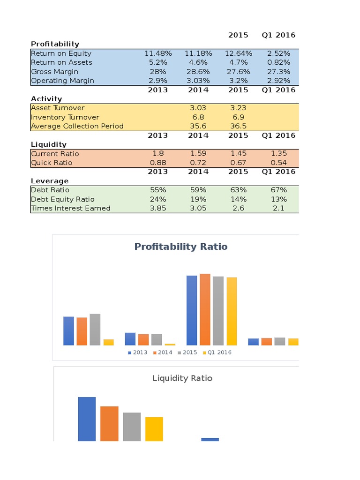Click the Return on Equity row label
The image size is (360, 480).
[61, 53]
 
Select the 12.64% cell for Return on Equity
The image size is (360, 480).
[238, 53]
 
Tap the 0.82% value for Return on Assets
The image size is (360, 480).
[278, 62]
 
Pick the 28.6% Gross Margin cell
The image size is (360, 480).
[198, 72]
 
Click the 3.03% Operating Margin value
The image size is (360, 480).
[198, 81]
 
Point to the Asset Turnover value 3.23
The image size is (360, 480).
[238, 108]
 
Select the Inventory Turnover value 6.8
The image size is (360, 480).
[198, 117]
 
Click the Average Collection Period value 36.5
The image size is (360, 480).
[238, 126]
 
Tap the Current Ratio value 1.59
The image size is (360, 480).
[198, 154]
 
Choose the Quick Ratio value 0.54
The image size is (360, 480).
[278, 163]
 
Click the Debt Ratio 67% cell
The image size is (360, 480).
[278, 190]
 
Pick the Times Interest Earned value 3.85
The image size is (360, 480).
[158, 208]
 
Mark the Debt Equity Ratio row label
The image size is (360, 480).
[62, 199]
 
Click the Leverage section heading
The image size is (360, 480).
[50, 181]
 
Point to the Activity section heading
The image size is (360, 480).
[46, 99]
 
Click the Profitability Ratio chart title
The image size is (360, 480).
[181, 247]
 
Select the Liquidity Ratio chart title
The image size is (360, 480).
[182, 378]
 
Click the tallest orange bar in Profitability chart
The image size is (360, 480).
[205, 309]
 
